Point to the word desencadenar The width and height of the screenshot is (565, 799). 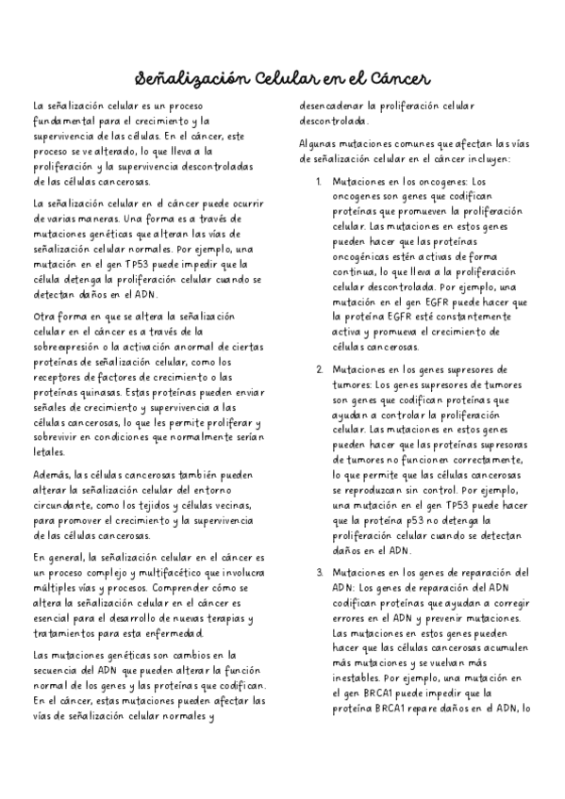coord(331,106)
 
